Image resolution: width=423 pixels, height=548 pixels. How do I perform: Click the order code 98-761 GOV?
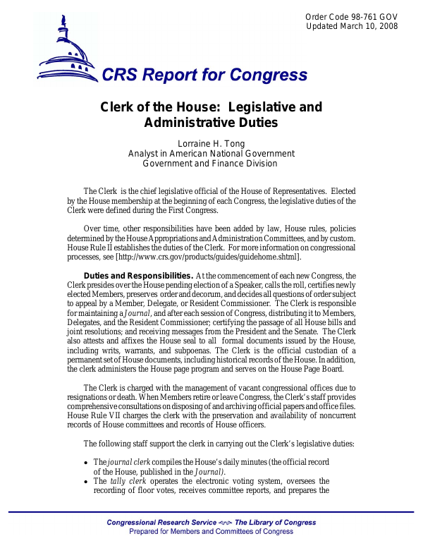(x=352, y=16)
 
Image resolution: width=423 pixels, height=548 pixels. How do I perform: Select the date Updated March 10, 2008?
(x=352, y=26)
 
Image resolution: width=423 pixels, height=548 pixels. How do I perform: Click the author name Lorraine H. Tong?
(x=211, y=144)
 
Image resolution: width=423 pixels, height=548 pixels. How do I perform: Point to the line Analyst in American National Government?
(x=211, y=154)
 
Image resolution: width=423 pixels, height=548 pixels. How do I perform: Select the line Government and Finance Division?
(x=211, y=164)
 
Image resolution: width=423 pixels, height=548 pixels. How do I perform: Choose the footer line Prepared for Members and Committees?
(x=211, y=532)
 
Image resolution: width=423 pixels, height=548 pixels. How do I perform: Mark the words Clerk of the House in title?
(x=150, y=108)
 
